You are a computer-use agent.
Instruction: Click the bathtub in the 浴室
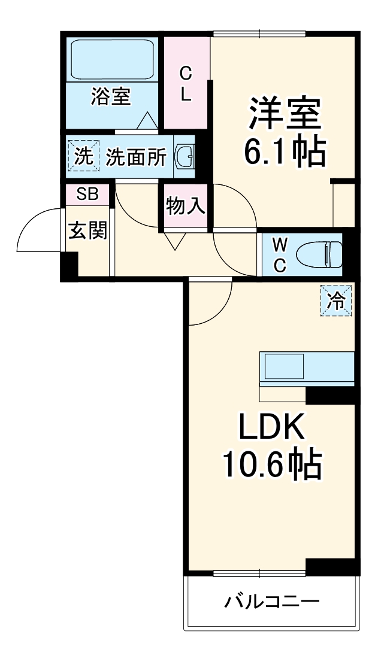point(112,59)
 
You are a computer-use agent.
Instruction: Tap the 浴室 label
point(111,96)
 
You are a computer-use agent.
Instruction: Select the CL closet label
point(186,84)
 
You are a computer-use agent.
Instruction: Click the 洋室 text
point(285,113)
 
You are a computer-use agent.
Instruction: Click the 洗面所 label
point(136,157)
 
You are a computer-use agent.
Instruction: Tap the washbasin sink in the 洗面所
point(183,157)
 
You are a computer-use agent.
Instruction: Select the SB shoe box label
point(87,194)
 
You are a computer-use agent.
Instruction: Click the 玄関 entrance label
point(87,230)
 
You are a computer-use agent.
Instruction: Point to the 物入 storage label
point(186,206)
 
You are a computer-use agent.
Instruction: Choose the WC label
point(280,254)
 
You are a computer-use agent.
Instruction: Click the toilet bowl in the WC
point(323,254)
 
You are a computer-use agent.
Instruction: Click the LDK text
point(273,426)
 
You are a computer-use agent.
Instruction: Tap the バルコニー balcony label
point(271,601)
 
